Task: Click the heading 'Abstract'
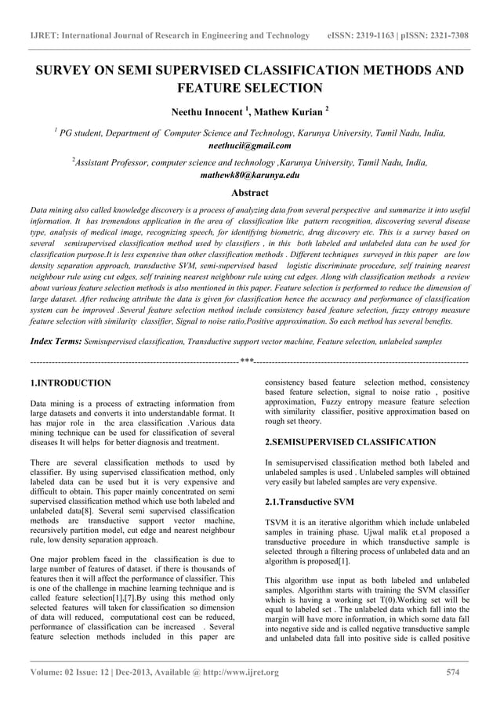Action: (250, 192)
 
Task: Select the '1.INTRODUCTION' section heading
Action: (70, 383)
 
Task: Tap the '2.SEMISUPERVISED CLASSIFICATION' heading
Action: (350, 442)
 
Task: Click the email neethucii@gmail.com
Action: (250, 146)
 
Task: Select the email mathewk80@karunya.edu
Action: (250, 176)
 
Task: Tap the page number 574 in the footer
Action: (452, 672)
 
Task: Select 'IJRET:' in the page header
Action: (44, 36)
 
